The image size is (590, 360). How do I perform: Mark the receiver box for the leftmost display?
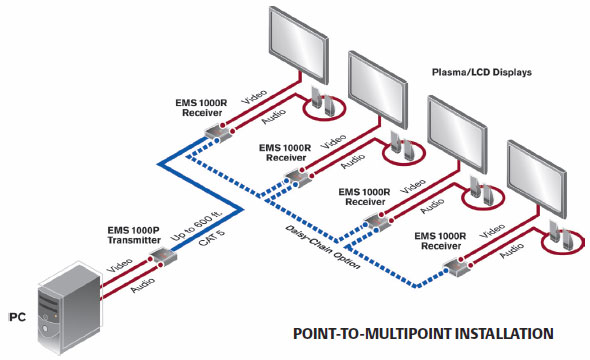click(214, 133)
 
